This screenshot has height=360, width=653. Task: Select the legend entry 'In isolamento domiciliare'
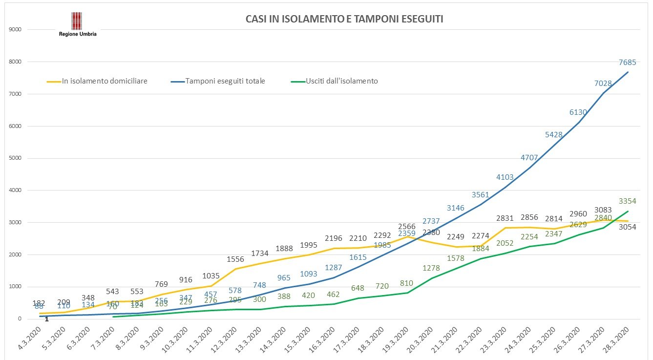tap(105, 81)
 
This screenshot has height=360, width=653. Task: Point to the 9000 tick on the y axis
tap(16, 30)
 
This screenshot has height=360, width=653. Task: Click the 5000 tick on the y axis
tap(16, 158)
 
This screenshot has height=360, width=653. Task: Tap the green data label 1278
tap(432, 268)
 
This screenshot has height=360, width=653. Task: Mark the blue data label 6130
tap(579, 112)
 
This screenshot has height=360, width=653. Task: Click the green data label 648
tap(358, 288)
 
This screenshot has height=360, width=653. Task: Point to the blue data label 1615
tap(358, 256)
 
